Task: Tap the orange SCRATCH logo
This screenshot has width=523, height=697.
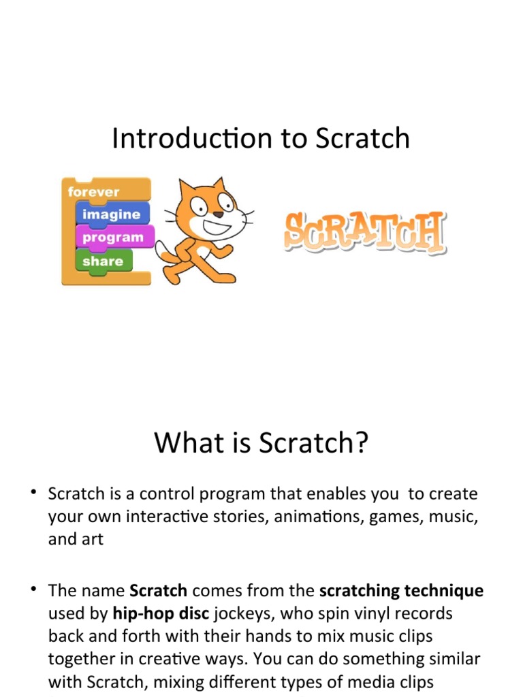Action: pyautogui.click(x=364, y=233)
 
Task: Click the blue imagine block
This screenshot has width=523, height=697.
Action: pyautogui.click(x=111, y=214)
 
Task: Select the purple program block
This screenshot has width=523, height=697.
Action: pyautogui.click(x=113, y=238)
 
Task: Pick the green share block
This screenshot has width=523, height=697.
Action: pyautogui.click(x=103, y=261)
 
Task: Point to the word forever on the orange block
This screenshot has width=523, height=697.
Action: pyautogui.click(x=93, y=192)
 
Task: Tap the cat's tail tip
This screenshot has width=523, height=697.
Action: pyautogui.click(x=161, y=253)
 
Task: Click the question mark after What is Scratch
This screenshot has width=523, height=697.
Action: pyautogui.click(x=361, y=443)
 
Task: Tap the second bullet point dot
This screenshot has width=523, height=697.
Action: pyautogui.click(x=33, y=589)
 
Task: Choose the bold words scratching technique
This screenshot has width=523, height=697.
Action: pyautogui.click(x=401, y=591)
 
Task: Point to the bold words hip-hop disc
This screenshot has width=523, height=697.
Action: pyautogui.click(x=161, y=614)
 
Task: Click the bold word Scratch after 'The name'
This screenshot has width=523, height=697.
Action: pyautogui.click(x=158, y=591)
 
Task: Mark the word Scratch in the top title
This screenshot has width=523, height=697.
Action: pyautogui.click(x=363, y=139)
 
